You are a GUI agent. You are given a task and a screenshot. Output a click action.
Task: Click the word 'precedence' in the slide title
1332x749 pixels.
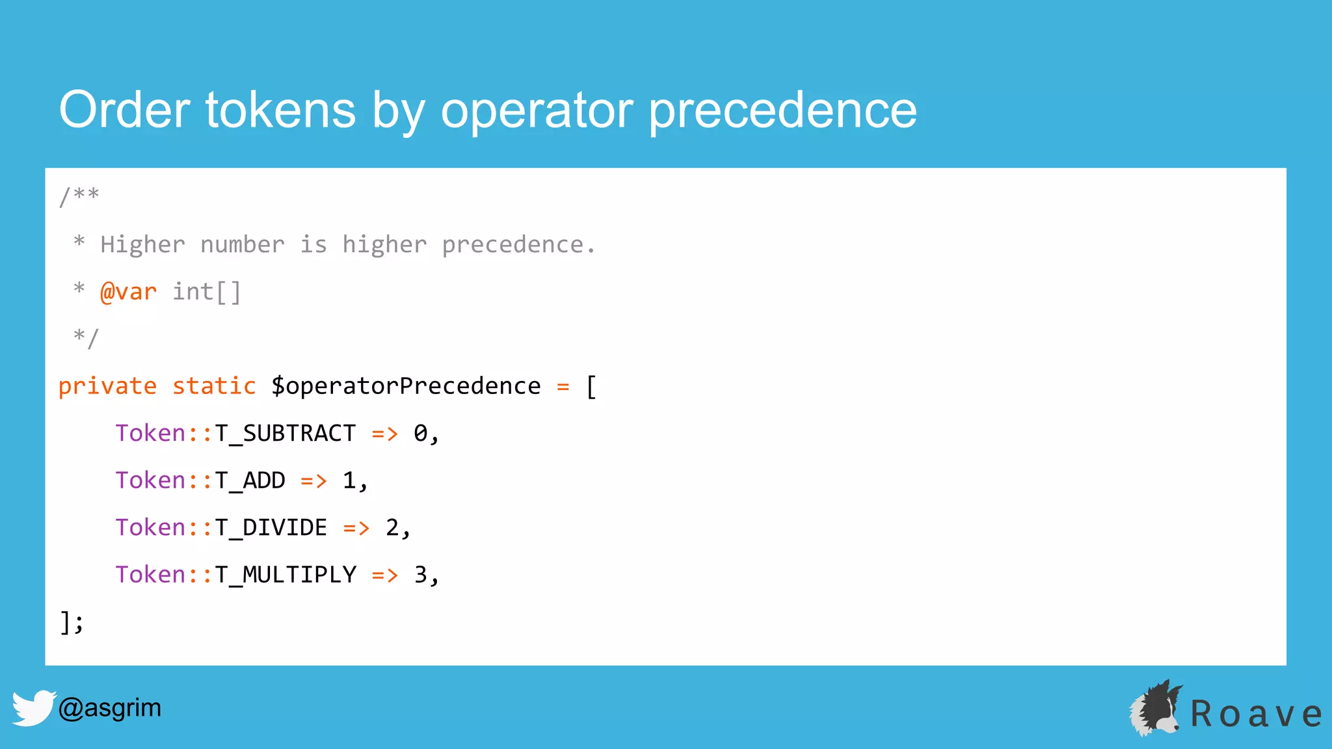tap(782, 111)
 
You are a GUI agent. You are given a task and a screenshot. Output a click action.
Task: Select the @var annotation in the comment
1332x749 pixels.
tap(128, 292)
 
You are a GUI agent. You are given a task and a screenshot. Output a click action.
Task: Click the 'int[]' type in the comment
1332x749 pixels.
tap(207, 292)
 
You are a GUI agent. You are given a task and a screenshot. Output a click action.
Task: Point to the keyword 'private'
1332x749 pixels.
tap(107, 386)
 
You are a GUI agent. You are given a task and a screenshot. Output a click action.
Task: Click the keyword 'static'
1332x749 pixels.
tap(214, 386)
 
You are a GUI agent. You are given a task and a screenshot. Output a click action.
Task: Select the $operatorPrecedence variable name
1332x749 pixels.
tap(406, 386)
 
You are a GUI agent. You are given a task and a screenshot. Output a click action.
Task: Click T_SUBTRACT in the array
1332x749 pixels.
tap(285, 434)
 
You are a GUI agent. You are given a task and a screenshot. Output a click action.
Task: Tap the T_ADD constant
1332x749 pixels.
tap(250, 480)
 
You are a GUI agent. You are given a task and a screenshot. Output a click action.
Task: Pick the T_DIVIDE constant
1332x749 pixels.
tap(271, 527)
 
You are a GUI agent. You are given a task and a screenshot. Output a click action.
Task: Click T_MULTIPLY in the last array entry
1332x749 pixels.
tap(286, 575)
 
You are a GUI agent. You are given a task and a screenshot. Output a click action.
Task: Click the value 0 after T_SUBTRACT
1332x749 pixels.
tap(421, 434)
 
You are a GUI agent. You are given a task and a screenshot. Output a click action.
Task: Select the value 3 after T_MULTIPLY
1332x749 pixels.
tap(421, 575)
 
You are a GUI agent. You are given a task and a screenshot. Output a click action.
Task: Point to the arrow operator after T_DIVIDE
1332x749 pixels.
tap(356, 528)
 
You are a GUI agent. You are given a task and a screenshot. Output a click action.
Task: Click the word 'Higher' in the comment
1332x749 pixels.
tap(142, 245)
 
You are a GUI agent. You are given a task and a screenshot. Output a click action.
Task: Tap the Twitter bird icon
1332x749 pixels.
tap(33, 708)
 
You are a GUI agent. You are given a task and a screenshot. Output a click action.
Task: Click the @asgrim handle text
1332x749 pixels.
tap(109, 707)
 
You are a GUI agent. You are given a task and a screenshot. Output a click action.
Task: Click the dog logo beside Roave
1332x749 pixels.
tap(1156, 709)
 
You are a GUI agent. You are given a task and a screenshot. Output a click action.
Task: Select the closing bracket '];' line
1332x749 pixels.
tap(71, 622)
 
